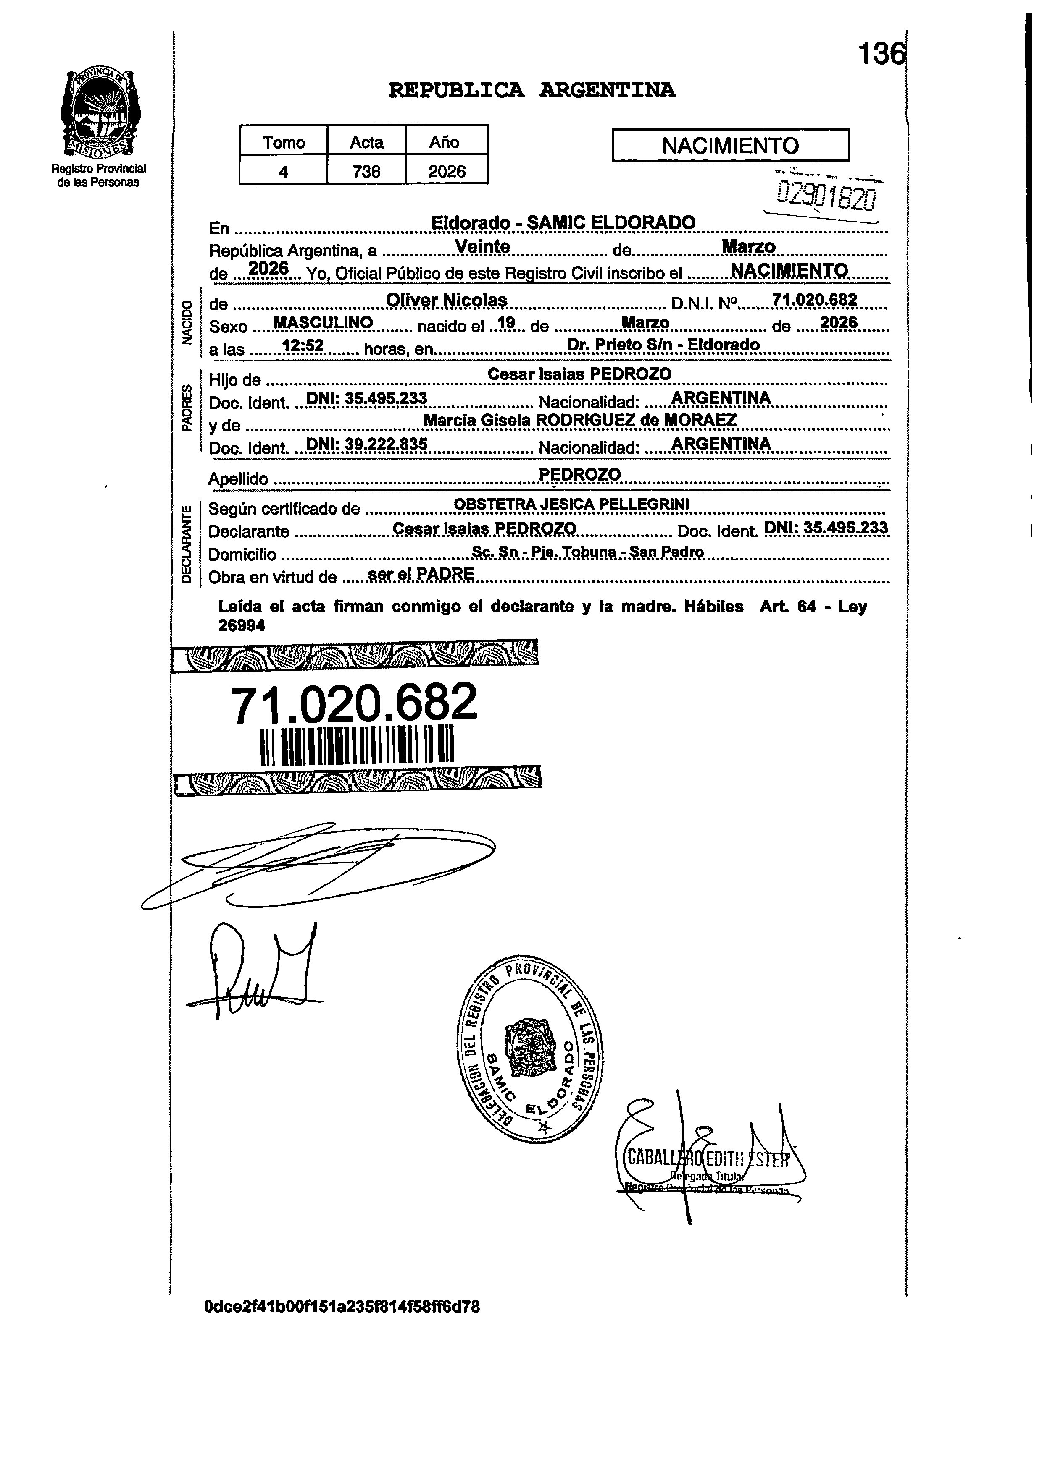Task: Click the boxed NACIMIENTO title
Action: click(x=730, y=146)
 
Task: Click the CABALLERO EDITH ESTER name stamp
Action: click(x=707, y=1159)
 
